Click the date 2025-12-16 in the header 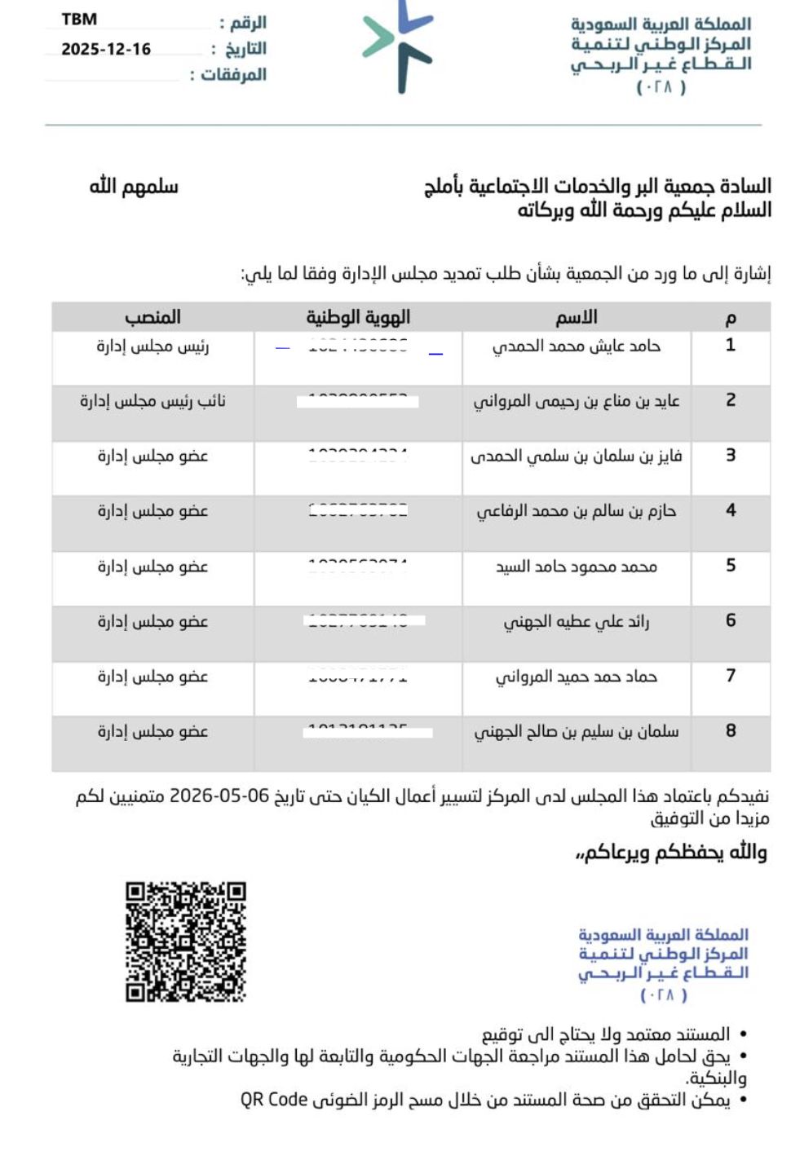click(x=106, y=49)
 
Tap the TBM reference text click(x=79, y=20)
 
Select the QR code click(x=186, y=941)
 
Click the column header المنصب click(x=152, y=317)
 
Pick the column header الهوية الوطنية click(x=358, y=317)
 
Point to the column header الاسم click(x=577, y=317)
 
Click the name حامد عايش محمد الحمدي click(x=577, y=346)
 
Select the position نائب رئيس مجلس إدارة click(x=152, y=401)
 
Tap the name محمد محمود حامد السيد click(x=577, y=567)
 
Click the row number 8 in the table click(x=731, y=730)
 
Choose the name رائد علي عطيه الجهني click(x=577, y=622)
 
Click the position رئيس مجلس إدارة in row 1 click(x=152, y=346)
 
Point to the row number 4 click(x=731, y=510)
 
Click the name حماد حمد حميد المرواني click(x=577, y=677)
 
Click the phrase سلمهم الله click(x=134, y=187)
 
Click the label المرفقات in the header click(x=233, y=75)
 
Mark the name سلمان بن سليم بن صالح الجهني click(x=577, y=732)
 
